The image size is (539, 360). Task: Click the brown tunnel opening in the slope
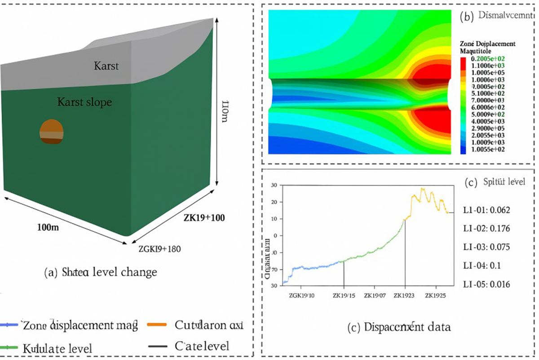point(52,132)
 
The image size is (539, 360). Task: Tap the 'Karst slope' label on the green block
point(84,102)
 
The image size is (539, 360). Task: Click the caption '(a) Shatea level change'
point(101,272)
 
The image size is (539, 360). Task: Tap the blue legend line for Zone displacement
point(9,325)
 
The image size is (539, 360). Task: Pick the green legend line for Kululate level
point(9,347)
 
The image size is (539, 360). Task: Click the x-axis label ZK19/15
point(344,296)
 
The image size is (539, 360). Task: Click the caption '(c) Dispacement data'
point(399,328)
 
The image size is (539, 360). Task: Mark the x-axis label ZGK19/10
point(302,296)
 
